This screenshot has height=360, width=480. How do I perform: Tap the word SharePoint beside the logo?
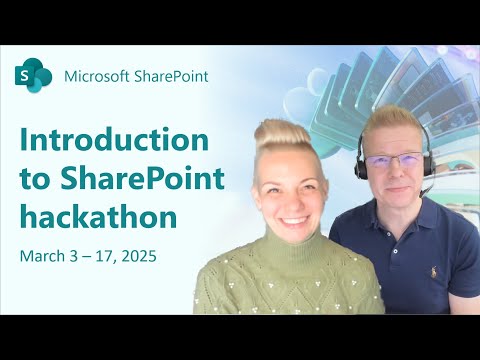(172, 76)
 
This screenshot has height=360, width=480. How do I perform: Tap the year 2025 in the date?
(139, 256)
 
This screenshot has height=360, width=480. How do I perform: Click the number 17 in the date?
(101, 256)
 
